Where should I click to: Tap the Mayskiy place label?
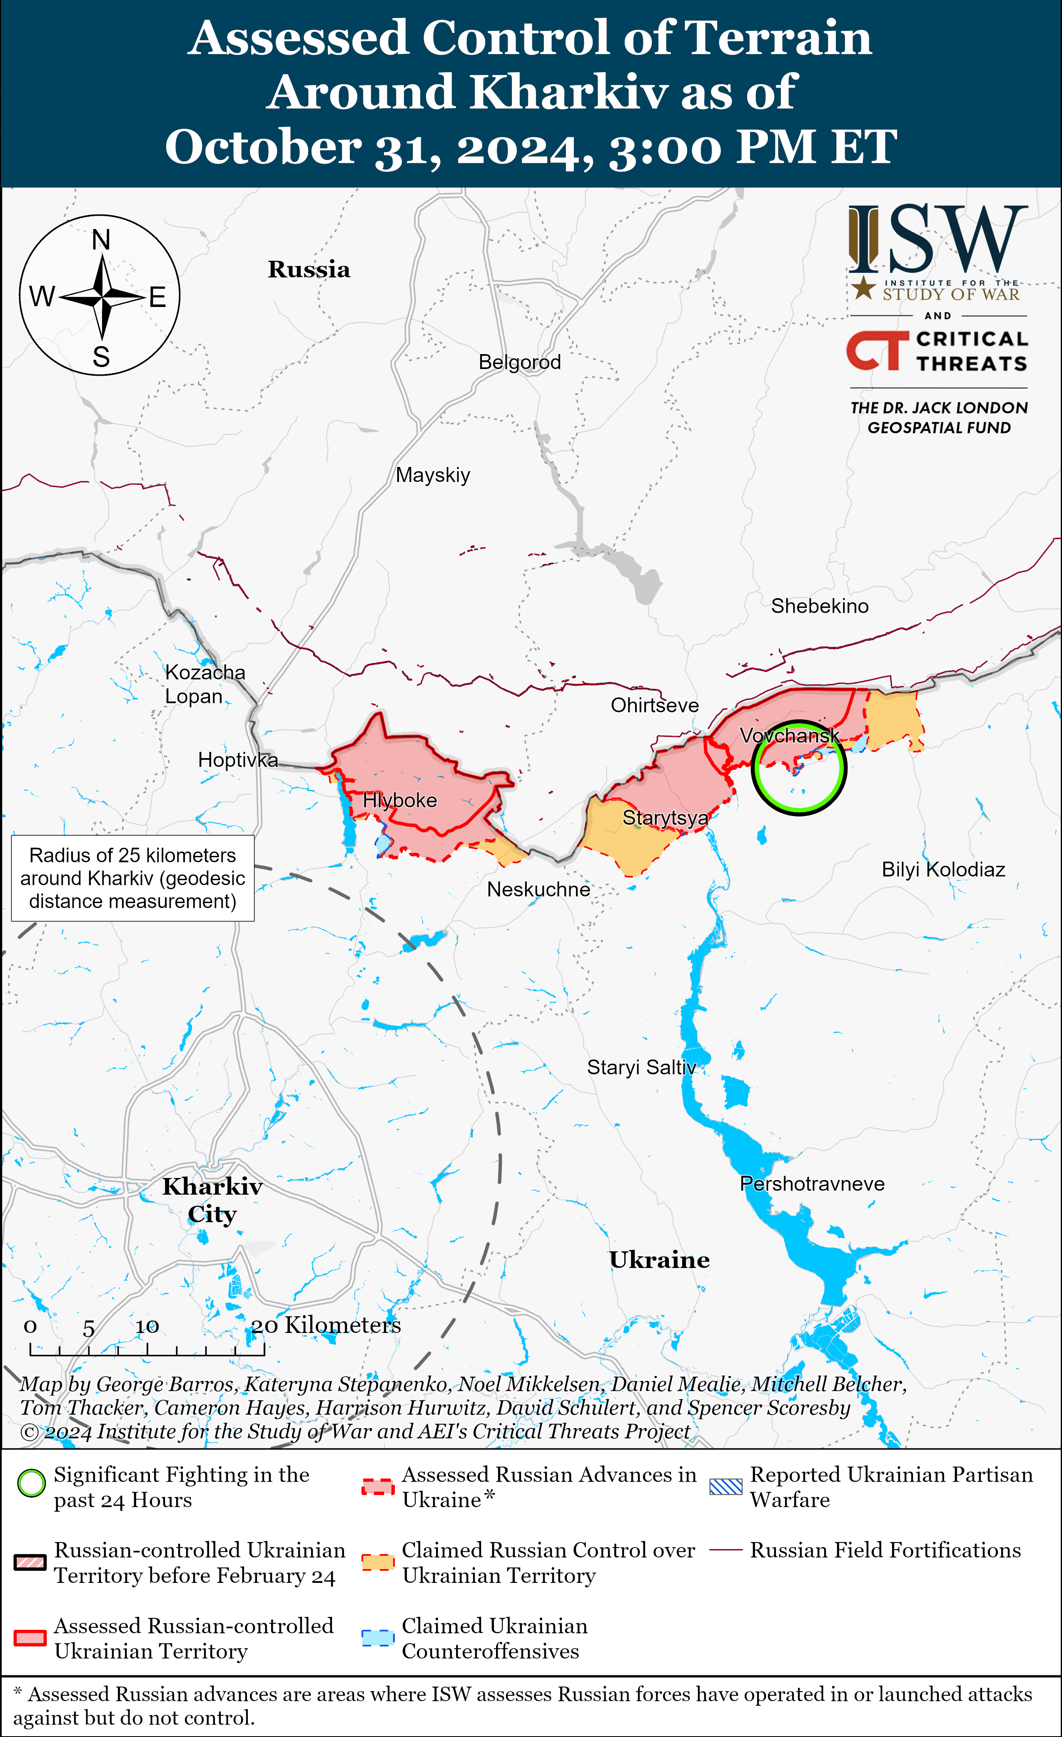tap(433, 475)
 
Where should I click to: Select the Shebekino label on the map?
tap(820, 606)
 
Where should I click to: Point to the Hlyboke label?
tap(399, 801)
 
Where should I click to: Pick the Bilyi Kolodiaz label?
tap(943, 870)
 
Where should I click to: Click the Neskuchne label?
tap(538, 890)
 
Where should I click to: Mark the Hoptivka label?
tap(237, 760)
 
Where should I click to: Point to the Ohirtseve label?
tap(655, 706)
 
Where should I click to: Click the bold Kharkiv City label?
tap(212, 1200)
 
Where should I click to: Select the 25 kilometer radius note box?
tap(132, 878)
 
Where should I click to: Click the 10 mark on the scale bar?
tap(147, 1327)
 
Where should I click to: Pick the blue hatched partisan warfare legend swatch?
tap(726, 1487)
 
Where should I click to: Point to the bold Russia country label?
tap(309, 269)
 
